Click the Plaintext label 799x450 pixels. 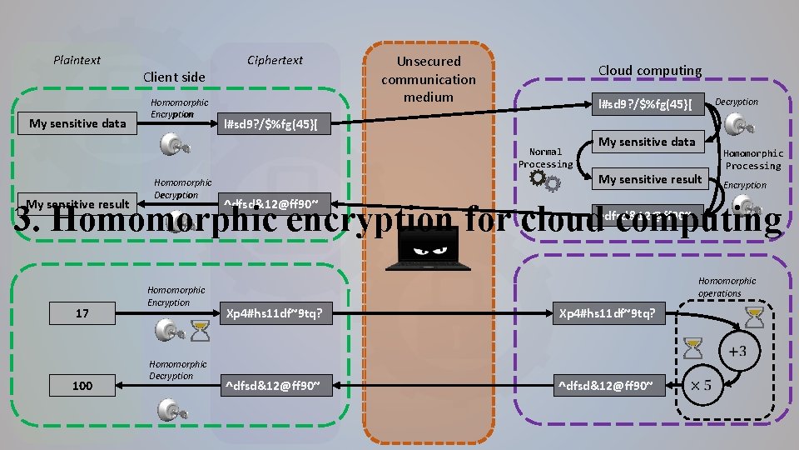(77, 60)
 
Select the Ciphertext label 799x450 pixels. (275, 60)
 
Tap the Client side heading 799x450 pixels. (174, 77)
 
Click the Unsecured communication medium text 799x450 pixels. (429, 79)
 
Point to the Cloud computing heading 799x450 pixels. (649, 71)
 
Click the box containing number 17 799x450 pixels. (82, 313)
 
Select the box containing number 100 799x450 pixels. (82, 385)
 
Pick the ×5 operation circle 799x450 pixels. (702, 386)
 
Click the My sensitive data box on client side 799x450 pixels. (77, 123)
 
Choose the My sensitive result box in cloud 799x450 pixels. (650, 179)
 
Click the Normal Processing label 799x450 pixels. (545, 158)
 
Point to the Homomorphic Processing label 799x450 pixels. (752, 159)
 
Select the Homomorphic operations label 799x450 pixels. (727, 287)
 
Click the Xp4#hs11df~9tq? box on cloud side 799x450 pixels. (612, 313)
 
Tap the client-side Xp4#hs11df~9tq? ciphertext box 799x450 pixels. (274, 313)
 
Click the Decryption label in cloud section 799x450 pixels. (737, 102)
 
